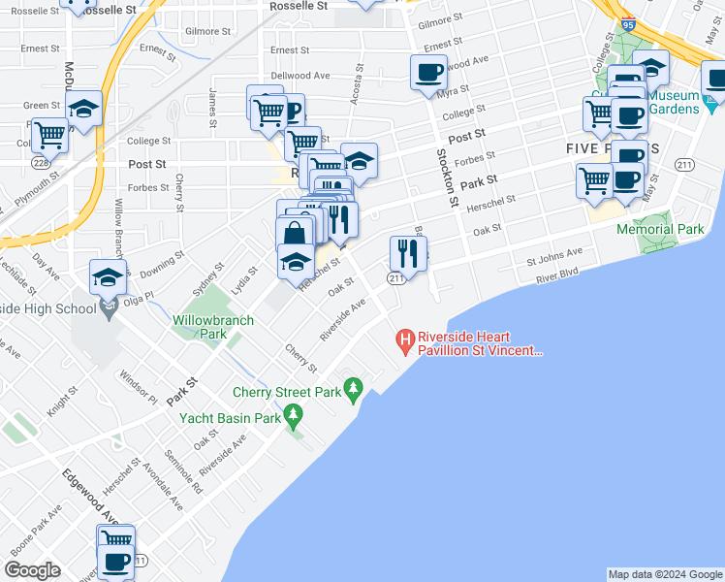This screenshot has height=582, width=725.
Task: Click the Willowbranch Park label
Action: tap(213, 327)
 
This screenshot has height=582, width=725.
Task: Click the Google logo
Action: tap(31, 569)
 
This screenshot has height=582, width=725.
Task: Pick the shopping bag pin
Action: tap(294, 235)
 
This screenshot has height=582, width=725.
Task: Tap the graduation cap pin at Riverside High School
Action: tap(108, 278)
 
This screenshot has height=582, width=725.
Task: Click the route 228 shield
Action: tap(42, 163)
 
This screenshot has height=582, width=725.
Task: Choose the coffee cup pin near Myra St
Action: tap(428, 71)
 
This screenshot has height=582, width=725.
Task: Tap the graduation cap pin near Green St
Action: tap(84, 111)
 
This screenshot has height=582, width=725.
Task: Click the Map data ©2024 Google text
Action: tap(665, 574)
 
